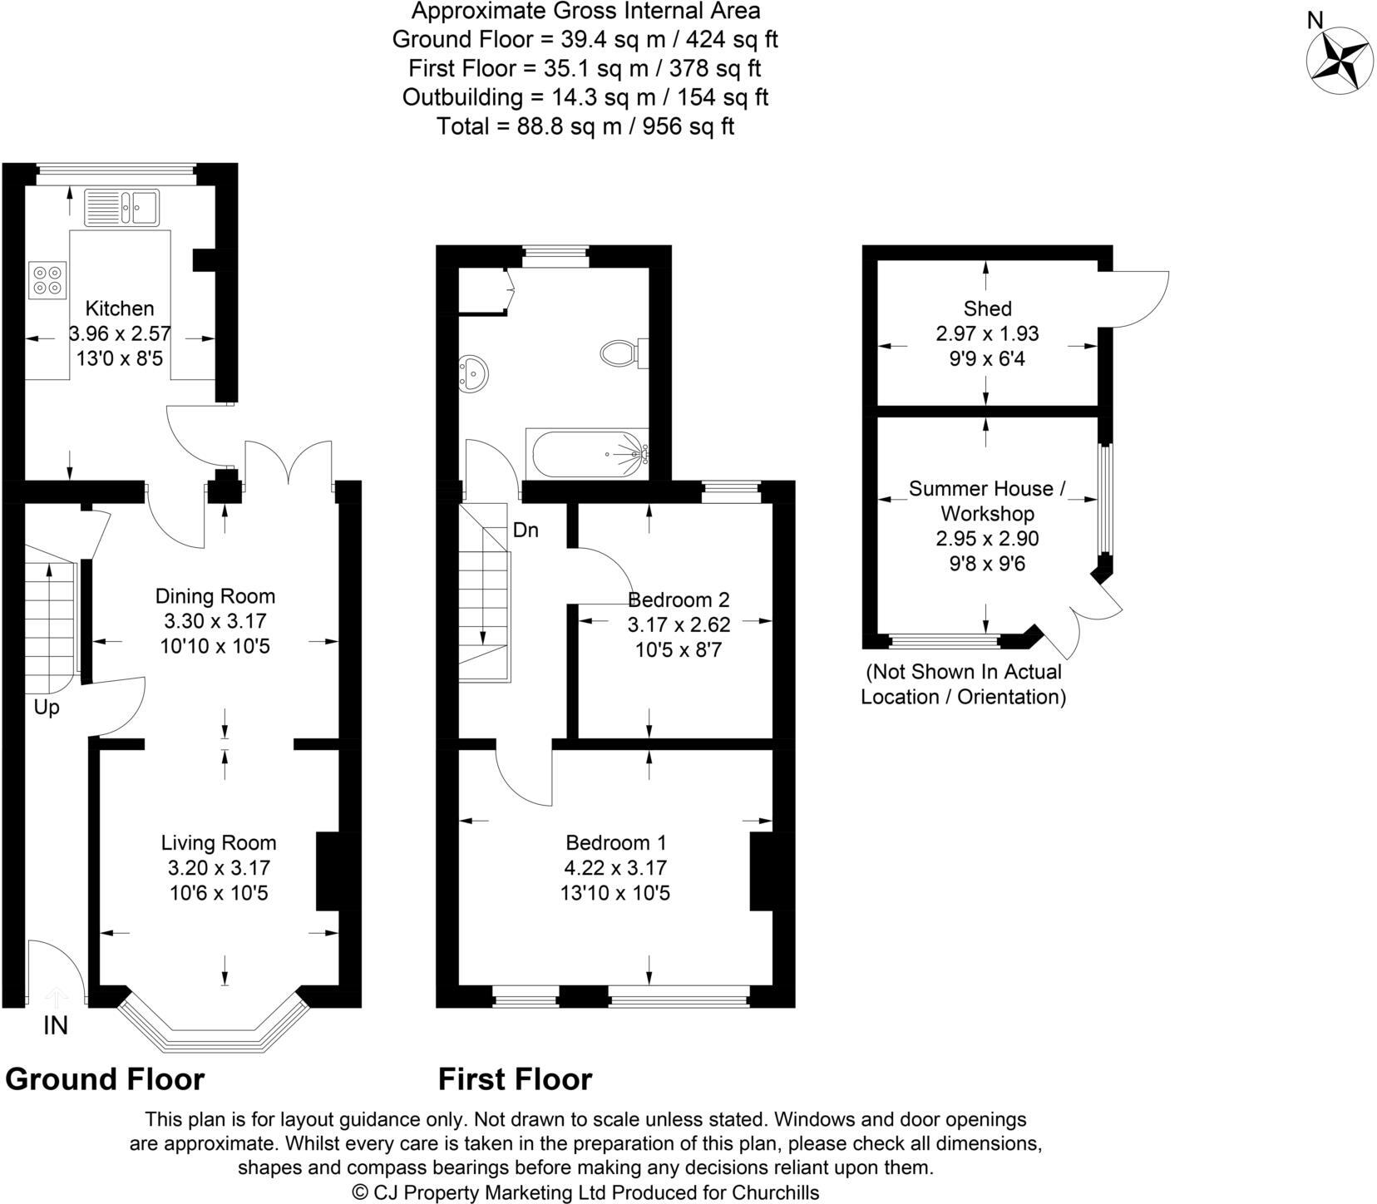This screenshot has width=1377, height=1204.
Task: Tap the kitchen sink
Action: [121, 207]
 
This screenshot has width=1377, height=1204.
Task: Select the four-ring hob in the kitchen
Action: [47, 280]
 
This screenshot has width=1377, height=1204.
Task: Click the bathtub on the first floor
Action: [586, 454]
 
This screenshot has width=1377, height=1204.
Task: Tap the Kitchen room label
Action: [120, 308]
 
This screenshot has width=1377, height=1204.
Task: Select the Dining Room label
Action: [215, 596]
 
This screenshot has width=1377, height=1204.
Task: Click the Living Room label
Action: [219, 843]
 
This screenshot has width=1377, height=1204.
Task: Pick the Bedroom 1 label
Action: [616, 843]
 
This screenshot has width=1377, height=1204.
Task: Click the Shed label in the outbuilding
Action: [988, 308]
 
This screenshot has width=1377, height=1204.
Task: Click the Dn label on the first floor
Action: [526, 530]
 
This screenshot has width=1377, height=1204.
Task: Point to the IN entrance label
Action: [56, 1026]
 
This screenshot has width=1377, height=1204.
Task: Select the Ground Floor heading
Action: [105, 1079]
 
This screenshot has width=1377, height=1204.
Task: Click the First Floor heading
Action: [516, 1079]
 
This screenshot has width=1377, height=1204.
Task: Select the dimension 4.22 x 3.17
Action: [615, 868]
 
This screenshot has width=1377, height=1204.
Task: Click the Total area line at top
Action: [585, 126]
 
